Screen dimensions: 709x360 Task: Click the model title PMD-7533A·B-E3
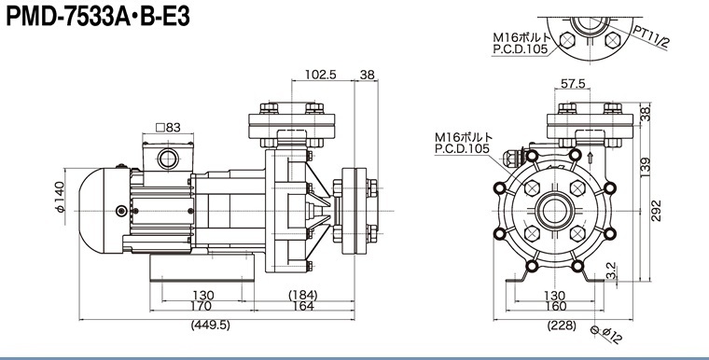coord(98,17)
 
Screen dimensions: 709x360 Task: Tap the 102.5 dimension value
coord(321,75)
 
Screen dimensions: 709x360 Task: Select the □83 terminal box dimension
coord(168,128)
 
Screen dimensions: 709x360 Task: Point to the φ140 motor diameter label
coord(60,196)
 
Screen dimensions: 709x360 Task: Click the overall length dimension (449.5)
coord(210,325)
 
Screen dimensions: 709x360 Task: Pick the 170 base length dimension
coord(201,306)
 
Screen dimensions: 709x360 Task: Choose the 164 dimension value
coord(303,306)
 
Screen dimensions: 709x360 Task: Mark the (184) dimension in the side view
coord(303,295)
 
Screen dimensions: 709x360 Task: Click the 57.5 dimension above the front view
coord(573,83)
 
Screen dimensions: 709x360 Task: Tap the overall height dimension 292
coord(657,210)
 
